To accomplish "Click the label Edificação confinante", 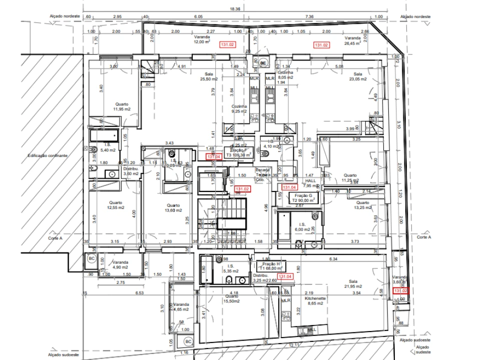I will click(x=48, y=156).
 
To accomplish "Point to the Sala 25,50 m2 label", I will click(x=209, y=76).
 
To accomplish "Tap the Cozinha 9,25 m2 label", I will click(x=239, y=109).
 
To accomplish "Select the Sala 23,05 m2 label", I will click(x=357, y=76).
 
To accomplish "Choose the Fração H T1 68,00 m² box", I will click(x=270, y=265).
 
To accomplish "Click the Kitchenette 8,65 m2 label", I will click(x=316, y=300).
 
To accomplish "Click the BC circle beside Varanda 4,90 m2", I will click(x=91, y=259).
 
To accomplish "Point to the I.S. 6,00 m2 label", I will click(x=302, y=227).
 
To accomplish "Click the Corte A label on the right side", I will click(x=423, y=238).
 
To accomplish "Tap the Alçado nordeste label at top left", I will click(x=65, y=16).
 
